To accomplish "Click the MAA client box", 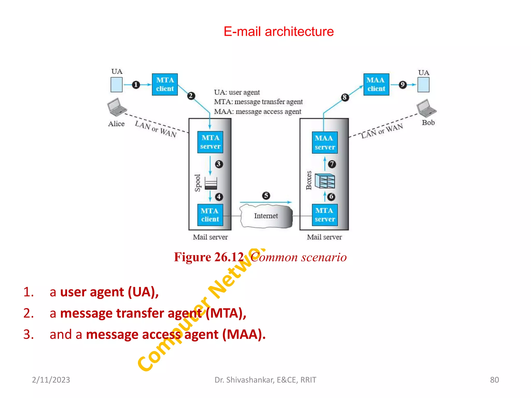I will coord(376,84).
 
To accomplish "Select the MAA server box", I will coord(324,143).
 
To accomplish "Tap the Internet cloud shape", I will coord(266,216).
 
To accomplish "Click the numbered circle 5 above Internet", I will coord(266,196).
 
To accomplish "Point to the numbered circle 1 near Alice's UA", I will coord(136,85).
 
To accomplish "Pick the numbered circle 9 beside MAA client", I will coord(402,84).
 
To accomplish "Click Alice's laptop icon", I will coord(116,107).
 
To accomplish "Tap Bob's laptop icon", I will coord(426,108).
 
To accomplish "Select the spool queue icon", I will coord(211,183).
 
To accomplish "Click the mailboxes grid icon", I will coord(325,181).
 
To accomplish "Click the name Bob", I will coord(428,123).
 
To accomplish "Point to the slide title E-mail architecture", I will coord(278,32).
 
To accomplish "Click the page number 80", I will coord(494,380).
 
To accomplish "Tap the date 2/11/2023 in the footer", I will coord(51,380).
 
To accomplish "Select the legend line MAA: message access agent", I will coord(257,112).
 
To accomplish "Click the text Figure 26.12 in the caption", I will coord(209,257).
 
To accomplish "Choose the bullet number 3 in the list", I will coord(28,334).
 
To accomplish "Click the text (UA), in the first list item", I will coord(143,292).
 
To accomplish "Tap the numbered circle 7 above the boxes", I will coord(332,164).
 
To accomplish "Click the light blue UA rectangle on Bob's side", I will coord(423,85).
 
